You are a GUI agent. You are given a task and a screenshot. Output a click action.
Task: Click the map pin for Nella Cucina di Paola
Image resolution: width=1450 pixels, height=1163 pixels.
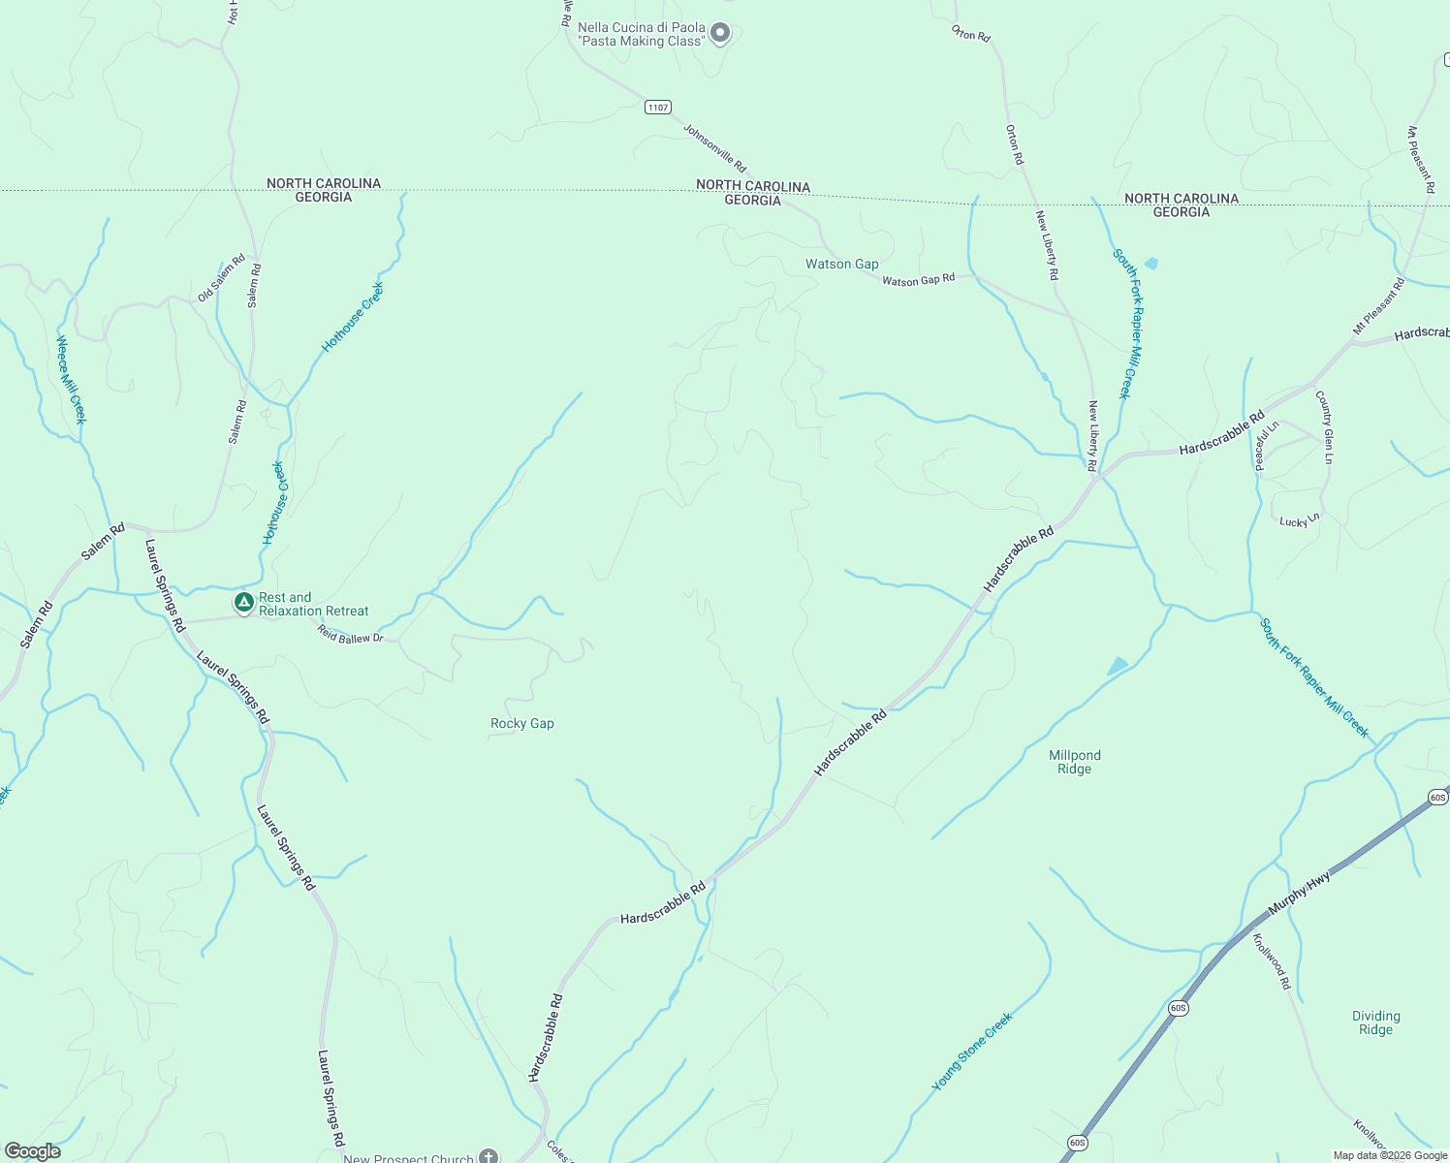click(719, 34)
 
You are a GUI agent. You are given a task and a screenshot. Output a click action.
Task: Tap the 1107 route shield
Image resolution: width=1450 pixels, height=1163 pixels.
click(658, 107)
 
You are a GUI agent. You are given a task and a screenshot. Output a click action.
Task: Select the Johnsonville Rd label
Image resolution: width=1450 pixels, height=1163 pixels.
click(714, 148)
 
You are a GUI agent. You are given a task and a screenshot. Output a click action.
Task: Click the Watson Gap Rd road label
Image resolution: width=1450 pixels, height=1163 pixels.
click(918, 280)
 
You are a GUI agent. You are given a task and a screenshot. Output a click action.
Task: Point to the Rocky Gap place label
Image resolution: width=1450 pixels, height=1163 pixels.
click(522, 723)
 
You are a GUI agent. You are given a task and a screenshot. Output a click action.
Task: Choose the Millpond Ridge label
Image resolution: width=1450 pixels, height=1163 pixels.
click(1074, 762)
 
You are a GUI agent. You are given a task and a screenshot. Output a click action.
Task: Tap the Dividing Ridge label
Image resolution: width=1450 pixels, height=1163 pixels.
click(1375, 1022)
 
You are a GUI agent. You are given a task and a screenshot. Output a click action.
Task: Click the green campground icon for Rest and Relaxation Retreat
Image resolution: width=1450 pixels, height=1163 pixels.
click(244, 603)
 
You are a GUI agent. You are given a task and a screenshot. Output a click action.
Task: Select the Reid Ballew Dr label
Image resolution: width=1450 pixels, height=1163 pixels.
click(350, 634)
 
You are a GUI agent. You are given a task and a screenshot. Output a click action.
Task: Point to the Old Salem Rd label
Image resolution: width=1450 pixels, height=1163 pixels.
click(222, 281)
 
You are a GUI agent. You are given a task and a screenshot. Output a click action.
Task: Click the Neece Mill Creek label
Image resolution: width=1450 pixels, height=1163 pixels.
click(71, 379)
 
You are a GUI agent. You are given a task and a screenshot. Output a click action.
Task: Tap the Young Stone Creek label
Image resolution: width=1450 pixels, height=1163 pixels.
click(972, 1052)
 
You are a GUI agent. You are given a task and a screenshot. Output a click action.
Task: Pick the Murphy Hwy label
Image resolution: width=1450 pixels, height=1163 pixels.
click(1299, 893)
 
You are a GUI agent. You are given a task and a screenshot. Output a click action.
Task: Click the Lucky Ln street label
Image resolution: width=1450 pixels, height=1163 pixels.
click(1299, 521)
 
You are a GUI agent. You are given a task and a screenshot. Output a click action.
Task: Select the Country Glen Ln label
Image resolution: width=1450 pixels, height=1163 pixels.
click(1325, 426)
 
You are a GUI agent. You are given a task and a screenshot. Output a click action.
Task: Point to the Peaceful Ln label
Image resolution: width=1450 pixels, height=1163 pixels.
click(1267, 445)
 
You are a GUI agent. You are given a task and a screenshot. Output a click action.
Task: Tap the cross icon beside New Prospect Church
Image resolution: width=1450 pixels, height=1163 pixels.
click(489, 1156)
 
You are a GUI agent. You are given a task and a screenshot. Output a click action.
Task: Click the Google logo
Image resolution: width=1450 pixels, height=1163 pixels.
click(32, 1151)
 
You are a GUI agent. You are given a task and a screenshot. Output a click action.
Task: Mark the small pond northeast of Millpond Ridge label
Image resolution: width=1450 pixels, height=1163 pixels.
click(1118, 666)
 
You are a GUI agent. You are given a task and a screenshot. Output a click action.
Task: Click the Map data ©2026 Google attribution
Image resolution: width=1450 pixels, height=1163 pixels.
click(1389, 1155)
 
